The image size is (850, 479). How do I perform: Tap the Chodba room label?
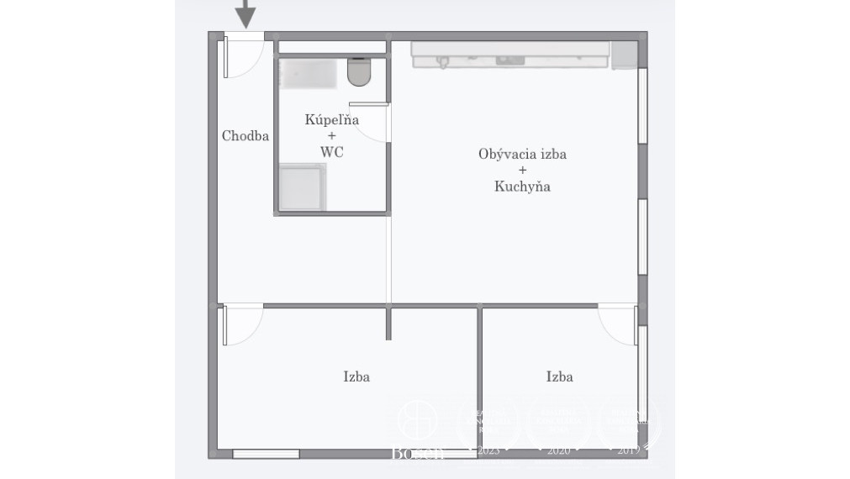[x=245, y=135]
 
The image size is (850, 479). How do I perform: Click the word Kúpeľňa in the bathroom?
[x=331, y=119]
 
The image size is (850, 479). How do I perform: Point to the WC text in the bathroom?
[x=331, y=152]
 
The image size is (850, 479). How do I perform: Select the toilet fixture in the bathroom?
[x=359, y=72]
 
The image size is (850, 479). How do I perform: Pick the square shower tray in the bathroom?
[x=302, y=187]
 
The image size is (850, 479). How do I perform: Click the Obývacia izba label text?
[x=522, y=154]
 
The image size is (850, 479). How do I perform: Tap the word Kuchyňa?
[x=522, y=187]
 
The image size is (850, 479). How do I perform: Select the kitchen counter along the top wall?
[x=509, y=54]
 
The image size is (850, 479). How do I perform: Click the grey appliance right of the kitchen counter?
[x=623, y=55]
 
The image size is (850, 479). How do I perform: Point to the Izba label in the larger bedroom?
[x=356, y=376]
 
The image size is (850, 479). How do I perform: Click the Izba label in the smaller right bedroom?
[x=559, y=376]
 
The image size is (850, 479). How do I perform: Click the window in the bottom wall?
[x=266, y=454]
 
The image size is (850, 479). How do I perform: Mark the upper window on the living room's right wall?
[x=642, y=105]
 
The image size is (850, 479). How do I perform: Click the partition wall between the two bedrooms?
[x=479, y=378]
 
